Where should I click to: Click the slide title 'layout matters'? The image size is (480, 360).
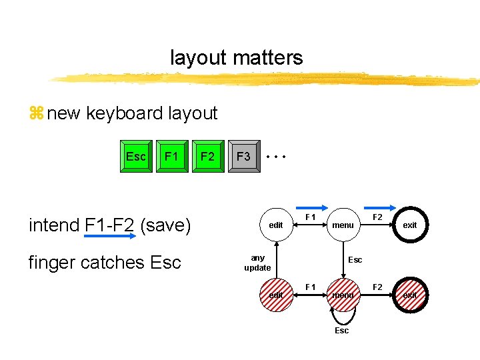click(236, 58)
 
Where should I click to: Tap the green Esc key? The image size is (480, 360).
click(136, 157)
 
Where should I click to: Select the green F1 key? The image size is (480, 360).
click(172, 157)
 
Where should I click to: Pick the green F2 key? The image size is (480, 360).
click(208, 157)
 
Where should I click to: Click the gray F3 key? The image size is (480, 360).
click(244, 157)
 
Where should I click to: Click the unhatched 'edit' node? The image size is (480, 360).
click(276, 225)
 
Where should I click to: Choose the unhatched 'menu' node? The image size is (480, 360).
click(343, 225)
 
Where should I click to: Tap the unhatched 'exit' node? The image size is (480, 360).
click(409, 225)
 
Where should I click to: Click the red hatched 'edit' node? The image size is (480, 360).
click(276, 295)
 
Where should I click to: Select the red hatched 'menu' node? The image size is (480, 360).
click(343, 295)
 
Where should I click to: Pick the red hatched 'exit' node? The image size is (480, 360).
click(409, 295)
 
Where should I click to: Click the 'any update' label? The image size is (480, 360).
click(257, 263)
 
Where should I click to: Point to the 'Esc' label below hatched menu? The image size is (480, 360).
click(341, 331)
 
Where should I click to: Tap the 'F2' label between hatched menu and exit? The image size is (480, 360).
click(377, 287)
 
